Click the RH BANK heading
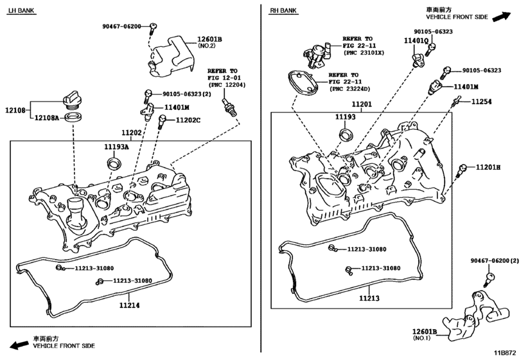pos(283,11)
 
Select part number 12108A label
pos(46,118)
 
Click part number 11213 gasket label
pos(369,298)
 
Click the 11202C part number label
pos(188,120)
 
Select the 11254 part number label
pos(483,102)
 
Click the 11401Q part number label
pos(416,40)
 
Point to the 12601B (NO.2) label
pos(209,43)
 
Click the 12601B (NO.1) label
pos(425,334)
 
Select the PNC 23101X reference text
pos(362,53)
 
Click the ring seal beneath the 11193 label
pos(346,134)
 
